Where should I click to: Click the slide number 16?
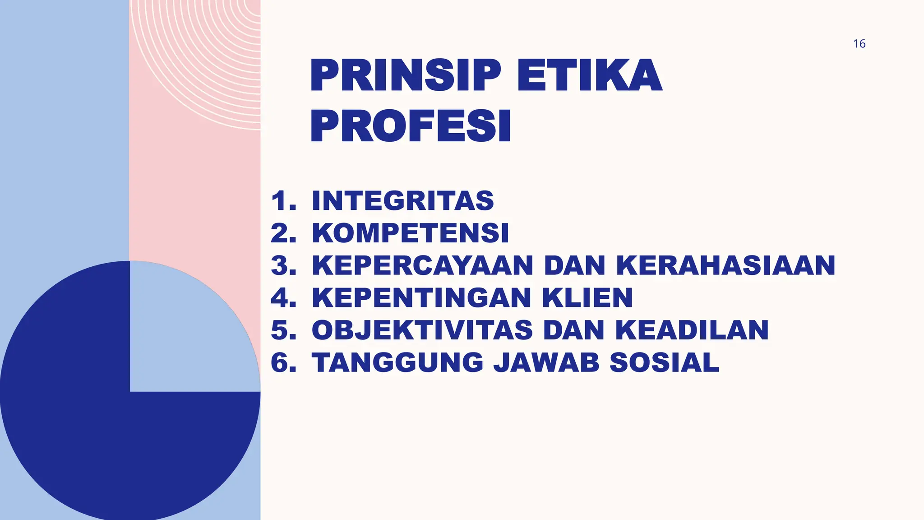tap(859, 44)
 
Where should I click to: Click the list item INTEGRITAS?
tap(403, 201)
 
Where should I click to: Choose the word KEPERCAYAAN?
tap(423, 265)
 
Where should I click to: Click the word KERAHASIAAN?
tap(725, 265)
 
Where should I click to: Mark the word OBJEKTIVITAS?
tap(422, 330)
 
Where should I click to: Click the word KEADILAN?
tap(692, 330)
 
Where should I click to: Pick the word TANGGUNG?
tap(397, 362)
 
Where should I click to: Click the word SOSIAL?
tap(664, 362)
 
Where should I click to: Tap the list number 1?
tap(283, 201)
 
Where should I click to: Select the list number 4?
tap(283, 298)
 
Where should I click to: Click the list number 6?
tap(283, 362)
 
